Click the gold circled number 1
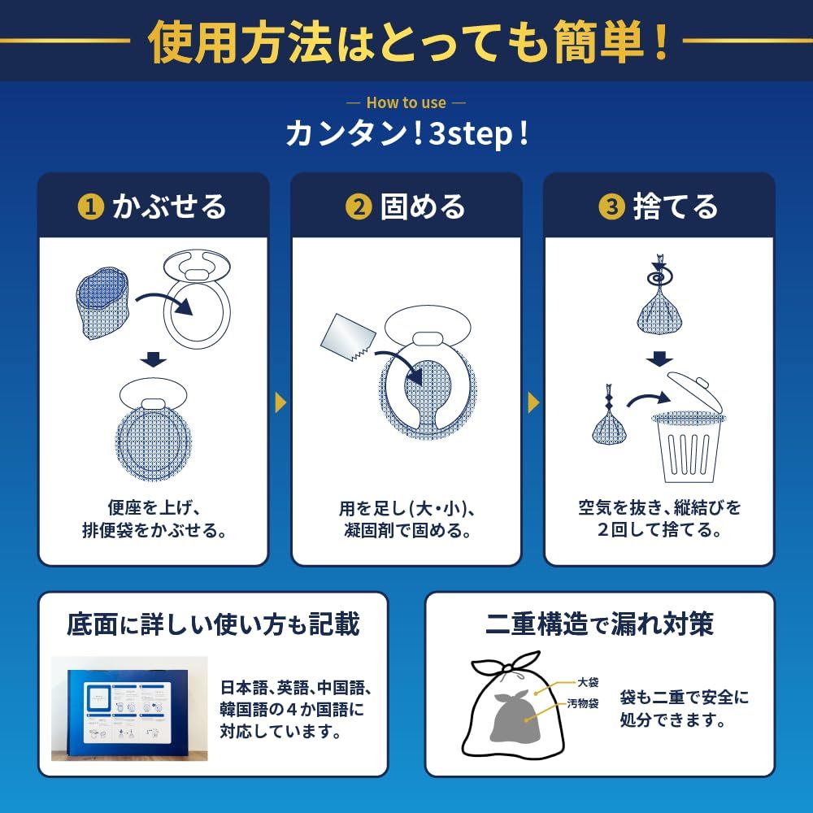pyautogui.click(x=91, y=207)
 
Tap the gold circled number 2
pyautogui.click(x=358, y=207)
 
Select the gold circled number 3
pyautogui.click(x=611, y=207)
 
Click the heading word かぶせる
pyautogui.click(x=169, y=207)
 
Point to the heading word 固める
pyautogui.click(x=423, y=207)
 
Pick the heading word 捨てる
pyautogui.click(x=676, y=207)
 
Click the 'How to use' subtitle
pyautogui.click(x=406, y=103)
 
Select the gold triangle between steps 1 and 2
pyautogui.click(x=280, y=402)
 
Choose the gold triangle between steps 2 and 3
pyautogui.click(x=533, y=402)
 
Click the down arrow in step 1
pyautogui.click(x=153, y=360)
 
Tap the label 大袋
pyautogui.click(x=588, y=683)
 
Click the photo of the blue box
pyautogui.click(x=130, y=709)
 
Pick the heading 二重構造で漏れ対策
pyautogui.click(x=598, y=624)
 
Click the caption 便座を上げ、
pyautogui.click(x=153, y=509)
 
